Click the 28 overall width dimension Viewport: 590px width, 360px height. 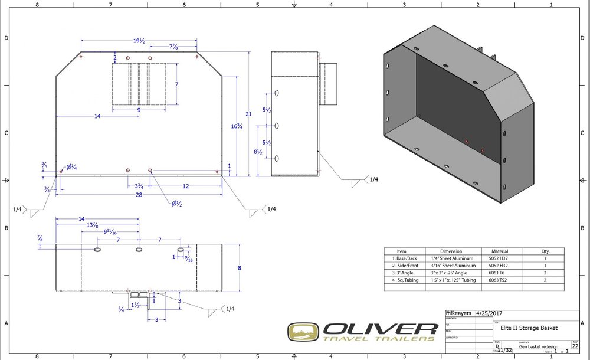tap(139, 194)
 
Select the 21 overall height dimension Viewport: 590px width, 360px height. tap(249, 113)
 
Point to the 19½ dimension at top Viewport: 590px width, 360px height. tap(139, 41)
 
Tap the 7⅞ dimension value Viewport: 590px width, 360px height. tap(174, 47)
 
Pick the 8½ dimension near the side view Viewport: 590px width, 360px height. tap(259, 152)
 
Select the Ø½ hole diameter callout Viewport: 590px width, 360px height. tap(176, 204)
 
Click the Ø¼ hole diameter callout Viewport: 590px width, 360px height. tap(71, 167)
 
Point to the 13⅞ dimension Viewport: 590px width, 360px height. tap(93, 226)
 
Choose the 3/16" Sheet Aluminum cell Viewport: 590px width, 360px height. tap(451, 266)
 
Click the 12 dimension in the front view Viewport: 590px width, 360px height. tap(186, 186)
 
